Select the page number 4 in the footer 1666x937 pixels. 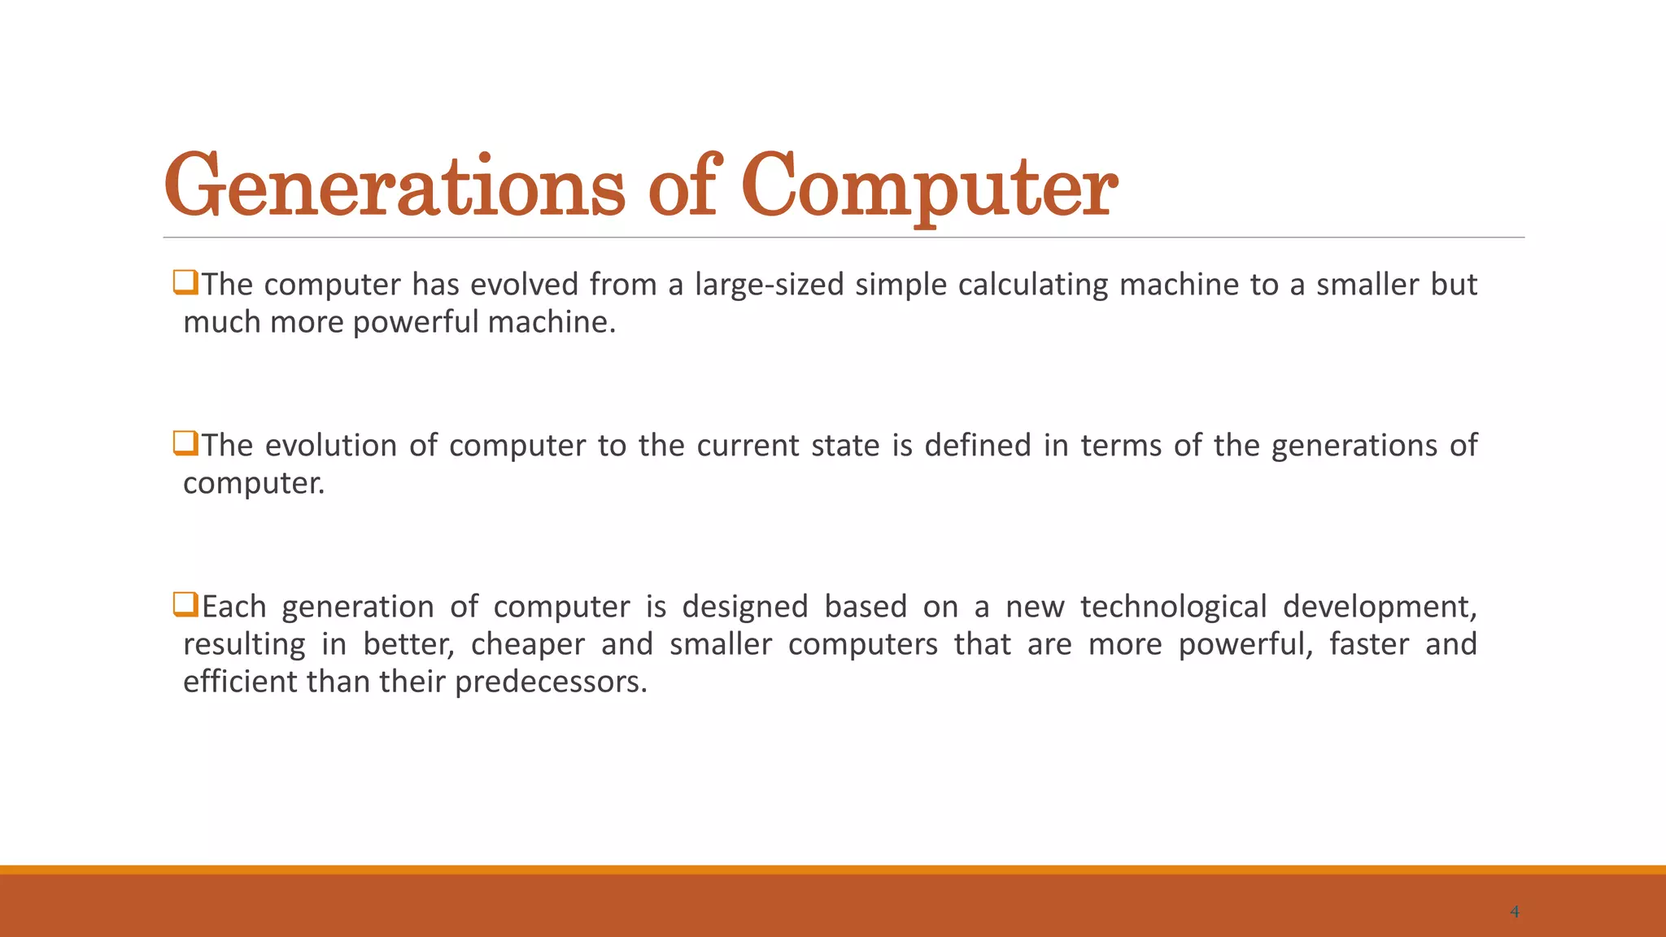coord(1514,912)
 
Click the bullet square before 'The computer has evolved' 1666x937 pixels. coord(185,282)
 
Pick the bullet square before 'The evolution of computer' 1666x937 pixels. coord(185,443)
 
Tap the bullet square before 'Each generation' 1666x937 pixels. coord(185,604)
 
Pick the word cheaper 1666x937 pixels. coord(528,644)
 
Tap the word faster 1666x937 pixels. coord(1369,644)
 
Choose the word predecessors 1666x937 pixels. coord(551,682)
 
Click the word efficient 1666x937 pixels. coord(240,682)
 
